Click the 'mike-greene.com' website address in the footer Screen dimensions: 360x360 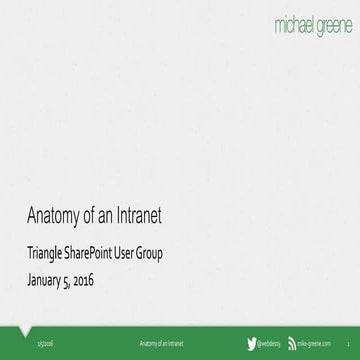pyautogui.click(x=318, y=343)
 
